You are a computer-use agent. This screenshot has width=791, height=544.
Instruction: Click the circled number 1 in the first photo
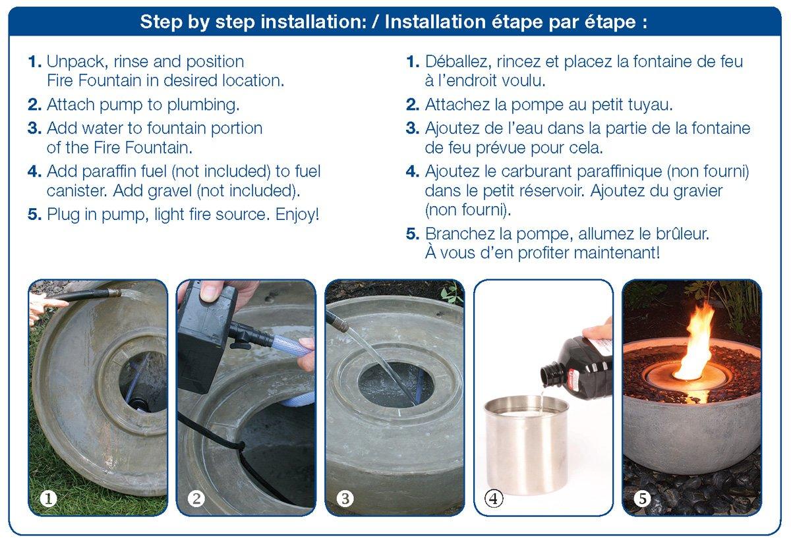(48, 499)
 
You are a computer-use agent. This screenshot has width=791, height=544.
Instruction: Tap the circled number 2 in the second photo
(196, 499)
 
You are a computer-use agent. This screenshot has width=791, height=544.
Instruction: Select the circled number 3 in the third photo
(345, 499)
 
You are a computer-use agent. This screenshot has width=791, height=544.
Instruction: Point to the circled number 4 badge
(494, 499)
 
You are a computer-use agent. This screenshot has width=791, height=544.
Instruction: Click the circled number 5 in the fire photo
(642, 499)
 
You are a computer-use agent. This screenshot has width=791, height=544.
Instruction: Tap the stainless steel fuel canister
(526, 445)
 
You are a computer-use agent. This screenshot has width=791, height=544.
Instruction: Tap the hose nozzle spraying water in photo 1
(115, 292)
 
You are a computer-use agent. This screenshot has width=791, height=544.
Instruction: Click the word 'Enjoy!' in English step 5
(297, 215)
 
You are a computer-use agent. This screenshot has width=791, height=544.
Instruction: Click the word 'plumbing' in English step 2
(203, 105)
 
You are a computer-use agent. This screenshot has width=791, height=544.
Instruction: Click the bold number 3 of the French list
(412, 128)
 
